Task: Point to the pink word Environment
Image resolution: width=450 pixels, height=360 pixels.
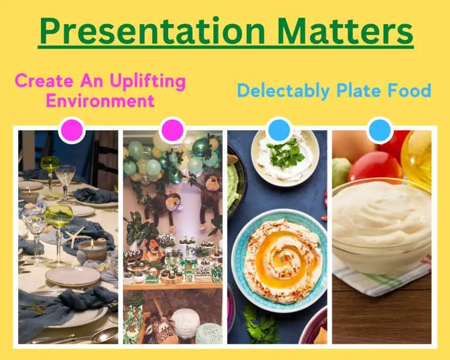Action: coord(100,100)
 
